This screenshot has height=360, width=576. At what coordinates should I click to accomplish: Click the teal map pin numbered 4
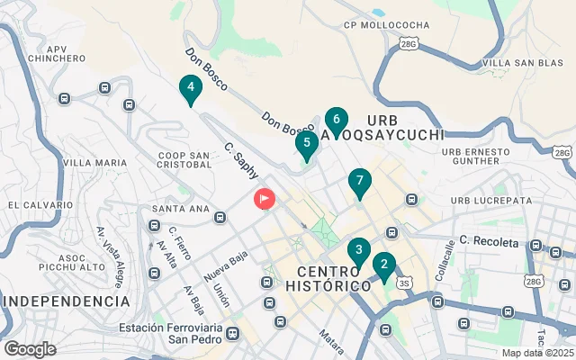pyautogui.click(x=190, y=89)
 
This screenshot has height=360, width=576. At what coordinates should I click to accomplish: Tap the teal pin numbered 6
pyautogui.click(x=336, y=120)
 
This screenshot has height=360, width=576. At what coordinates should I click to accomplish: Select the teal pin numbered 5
pyautogui.click(x=307, y=143)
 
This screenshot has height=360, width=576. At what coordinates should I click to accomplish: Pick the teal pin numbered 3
pyautogui.click(x=359, y=251)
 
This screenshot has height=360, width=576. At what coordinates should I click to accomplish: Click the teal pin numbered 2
pyautogui.click(x=384, y=265)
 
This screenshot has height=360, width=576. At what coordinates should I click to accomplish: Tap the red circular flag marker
pyautogui.click(x=265, y=198)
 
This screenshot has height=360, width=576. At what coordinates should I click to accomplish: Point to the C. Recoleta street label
pyautogui.click(x=490, y=242)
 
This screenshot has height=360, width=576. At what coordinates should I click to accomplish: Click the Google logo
pyautogui.click(x=30, y=349)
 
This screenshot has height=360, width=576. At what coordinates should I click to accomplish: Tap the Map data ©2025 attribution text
pyautogui.click(x=537, y=353)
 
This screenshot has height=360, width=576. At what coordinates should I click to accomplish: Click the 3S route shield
pyautogui.click(x=404, y=283)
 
